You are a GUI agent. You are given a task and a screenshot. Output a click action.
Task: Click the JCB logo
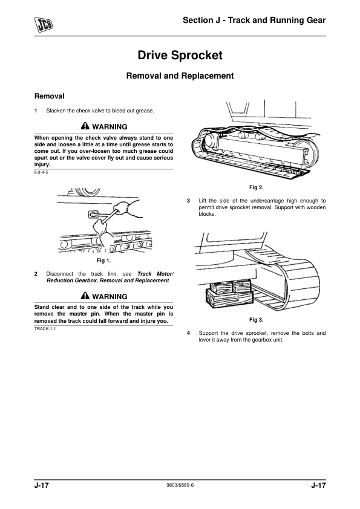click(x=44, y=25)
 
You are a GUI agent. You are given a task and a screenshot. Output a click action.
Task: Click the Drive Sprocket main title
click(x=180, y=55)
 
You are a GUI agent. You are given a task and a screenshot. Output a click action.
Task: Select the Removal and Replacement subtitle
click(x=180, y=76)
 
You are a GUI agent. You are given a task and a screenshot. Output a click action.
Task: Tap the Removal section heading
click(x=50, y=96)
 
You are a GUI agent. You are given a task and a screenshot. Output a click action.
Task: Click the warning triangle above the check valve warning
click(x=85, y=126)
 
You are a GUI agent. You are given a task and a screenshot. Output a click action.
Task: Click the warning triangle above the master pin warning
click(x=85, y=296)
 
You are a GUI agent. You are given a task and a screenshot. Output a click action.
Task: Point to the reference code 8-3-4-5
click(x=41, y=172)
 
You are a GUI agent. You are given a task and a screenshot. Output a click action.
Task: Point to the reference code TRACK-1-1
click(x=45, y=328)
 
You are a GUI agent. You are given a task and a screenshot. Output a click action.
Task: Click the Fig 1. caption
click(x=103, y=261)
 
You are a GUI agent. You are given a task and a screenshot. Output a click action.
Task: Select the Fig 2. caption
click(x=257, y=187)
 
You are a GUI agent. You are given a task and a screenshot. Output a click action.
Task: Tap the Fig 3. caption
click(x=257, y=320)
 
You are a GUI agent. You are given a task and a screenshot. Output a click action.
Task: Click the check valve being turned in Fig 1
click(x=93, y=214)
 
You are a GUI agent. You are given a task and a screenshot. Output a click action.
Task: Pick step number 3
click(x=188, y=201)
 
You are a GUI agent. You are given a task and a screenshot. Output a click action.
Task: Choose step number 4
click(x=188, y=333)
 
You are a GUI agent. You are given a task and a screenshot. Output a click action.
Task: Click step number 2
click(x=36, y=274)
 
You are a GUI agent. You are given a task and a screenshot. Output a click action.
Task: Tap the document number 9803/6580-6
click(x=180, y=485)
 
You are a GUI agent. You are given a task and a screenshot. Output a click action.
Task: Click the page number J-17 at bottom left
click(x=42, y=485)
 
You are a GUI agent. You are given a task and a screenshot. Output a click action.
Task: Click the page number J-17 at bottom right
click(x=318, y=485)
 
